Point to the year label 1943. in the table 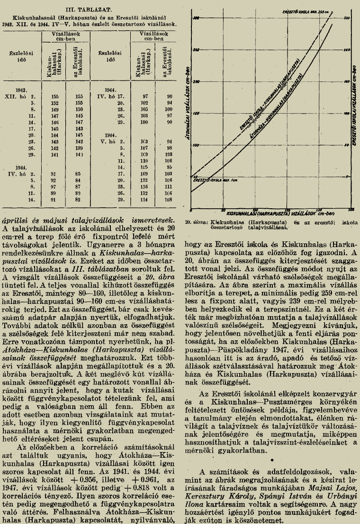click(x=21, y=89)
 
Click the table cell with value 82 click(x=79, y=201)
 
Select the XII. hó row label click(x=29, y=95)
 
